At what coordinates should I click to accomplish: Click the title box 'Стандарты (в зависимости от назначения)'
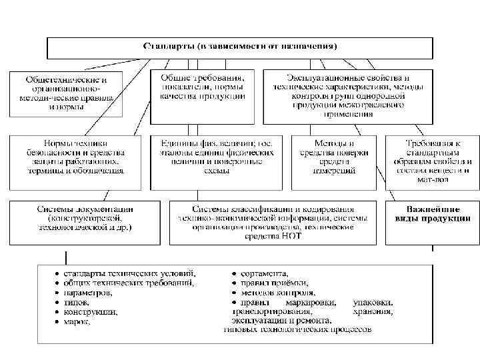[240, 46]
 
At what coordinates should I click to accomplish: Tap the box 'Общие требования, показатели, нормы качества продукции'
[202, 87]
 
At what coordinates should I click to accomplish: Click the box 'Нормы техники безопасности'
[75, 157]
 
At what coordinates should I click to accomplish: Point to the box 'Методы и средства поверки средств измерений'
[334, 157]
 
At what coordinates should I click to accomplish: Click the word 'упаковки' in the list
[372, 302]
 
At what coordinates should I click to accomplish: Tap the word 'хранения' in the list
[373, 311]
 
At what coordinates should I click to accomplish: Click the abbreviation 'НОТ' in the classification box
[291, 236]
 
